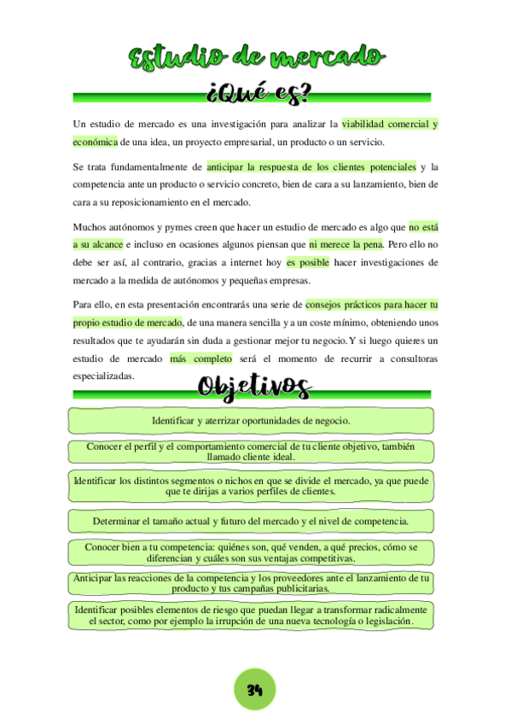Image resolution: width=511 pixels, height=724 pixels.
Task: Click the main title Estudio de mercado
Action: coord(256,58)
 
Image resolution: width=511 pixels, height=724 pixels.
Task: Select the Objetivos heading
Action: coord(253,387)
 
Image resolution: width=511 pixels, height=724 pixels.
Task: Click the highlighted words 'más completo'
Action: coord(200,359)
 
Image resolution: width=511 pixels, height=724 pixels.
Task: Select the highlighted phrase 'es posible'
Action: coord(307,262)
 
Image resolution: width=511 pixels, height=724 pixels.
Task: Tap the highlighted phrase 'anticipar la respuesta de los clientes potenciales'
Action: coord(311,166)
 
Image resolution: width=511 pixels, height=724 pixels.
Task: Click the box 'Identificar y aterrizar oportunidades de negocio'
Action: coord(251,421)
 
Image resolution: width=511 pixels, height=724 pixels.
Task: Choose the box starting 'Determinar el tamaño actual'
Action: coord(251,520)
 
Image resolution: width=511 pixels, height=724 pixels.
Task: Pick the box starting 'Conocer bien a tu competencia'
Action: coord(251,552)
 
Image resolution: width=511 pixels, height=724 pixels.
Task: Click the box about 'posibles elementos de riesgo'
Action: coord(251,616)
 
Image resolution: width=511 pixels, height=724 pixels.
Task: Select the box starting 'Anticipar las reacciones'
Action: coord(251,583)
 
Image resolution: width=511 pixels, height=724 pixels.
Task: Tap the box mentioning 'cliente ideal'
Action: coord(251,451)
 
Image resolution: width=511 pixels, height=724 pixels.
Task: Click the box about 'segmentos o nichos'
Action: coord(251,486)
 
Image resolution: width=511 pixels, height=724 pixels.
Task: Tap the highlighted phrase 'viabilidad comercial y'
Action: coord(389,124)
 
